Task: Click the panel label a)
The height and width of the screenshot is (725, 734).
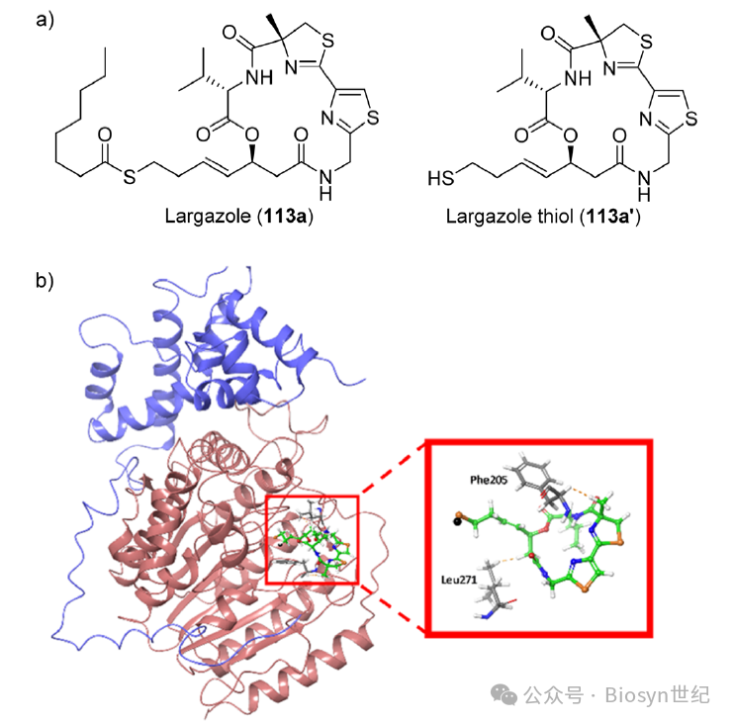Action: (45, 20)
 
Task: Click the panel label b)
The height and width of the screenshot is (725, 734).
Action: (45, 280)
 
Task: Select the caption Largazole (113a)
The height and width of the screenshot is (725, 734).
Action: (238, 216)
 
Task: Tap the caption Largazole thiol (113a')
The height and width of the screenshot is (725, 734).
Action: (543, 217)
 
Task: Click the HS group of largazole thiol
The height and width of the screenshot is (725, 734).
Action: (440, 178)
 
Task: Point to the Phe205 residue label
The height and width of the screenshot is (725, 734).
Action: (489, 480)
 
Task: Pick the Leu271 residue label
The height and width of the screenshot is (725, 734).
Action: (459, 580)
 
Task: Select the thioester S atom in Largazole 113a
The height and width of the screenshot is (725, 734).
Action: (130, 177)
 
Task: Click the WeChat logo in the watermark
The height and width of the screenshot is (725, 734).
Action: (504, 694)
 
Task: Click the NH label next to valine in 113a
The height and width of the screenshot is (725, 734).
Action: (259, 77)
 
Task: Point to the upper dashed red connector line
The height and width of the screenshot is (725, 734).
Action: (392, 470)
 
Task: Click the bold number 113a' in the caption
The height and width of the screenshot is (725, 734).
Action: (612, 216)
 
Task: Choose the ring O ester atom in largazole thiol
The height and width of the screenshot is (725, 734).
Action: (570, 136)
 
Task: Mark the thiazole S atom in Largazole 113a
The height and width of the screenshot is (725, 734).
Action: (373, 118)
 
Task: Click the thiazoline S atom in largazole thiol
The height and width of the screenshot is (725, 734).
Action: (646, 43)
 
